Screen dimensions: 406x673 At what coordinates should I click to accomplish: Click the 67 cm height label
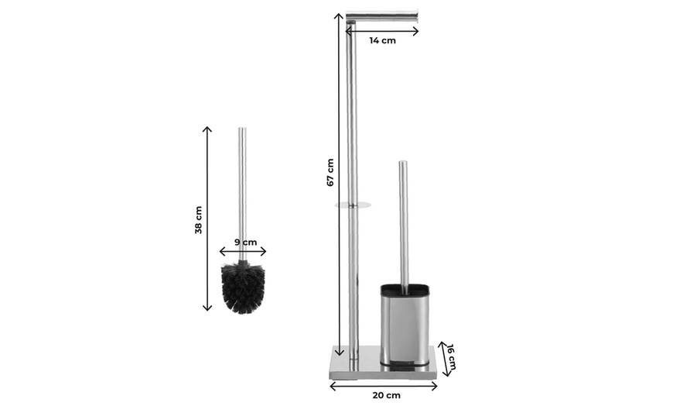point(330,172)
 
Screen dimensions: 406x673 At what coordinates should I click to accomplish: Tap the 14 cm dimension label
point(382,40)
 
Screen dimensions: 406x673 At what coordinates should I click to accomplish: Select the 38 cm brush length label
point(199,219)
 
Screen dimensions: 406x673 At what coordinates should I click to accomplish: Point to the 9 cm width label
point(245,242)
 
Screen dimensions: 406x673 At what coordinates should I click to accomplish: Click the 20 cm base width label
point(386,395)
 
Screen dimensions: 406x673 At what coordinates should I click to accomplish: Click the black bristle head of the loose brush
point(243,287)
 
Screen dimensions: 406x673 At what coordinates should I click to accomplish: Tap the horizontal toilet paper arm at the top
point(382,15)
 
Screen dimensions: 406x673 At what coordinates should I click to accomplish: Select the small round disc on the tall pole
point(353,205)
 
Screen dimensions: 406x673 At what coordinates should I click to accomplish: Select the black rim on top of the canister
point(404,291)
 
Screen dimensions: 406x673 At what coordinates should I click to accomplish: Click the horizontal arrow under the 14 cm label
point(382,31)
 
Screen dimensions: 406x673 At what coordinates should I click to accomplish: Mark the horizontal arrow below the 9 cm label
point(243,251)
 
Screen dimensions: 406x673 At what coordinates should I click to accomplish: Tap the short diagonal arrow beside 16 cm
point(443,358)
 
